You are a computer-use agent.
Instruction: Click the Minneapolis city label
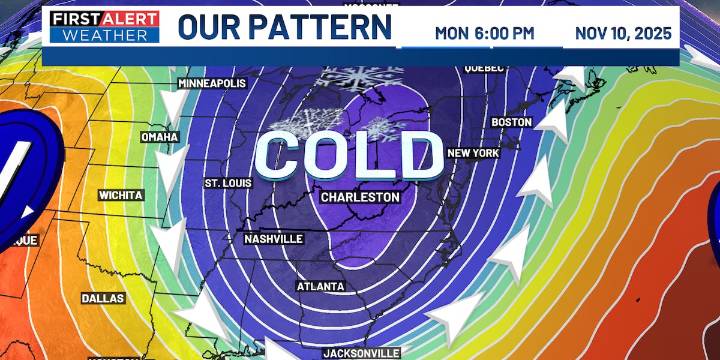click(x=211, y=83)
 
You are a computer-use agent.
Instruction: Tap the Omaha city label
click(x=159, y=137)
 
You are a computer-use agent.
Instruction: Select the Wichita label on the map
click(x=122, y=195)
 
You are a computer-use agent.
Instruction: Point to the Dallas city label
click(x=102, y=298)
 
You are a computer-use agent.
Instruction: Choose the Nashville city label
click(x=274, y=239)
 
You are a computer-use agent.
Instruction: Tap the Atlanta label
click(x=321, y=287)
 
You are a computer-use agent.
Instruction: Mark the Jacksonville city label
click(x=361, y=353)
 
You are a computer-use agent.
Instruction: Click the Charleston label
click(x=360, y=197)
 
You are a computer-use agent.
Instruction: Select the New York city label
click(x=473, y=153)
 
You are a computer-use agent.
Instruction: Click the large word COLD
click(x=348, y=156)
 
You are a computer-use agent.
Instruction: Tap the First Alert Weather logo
click(x=104, y=28)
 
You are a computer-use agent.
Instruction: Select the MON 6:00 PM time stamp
click(x=484, y=33)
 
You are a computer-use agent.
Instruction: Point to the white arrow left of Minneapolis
click(x=161, y=99)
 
